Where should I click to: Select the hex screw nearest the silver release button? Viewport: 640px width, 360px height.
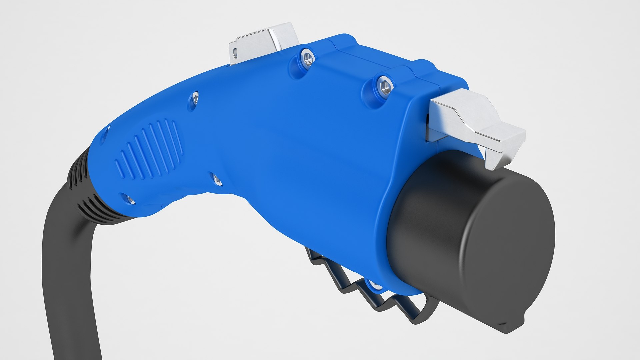(307, 57)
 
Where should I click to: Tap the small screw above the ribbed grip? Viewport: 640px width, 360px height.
(195, 98)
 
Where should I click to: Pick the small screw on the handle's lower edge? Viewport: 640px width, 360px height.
(217, 180)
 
